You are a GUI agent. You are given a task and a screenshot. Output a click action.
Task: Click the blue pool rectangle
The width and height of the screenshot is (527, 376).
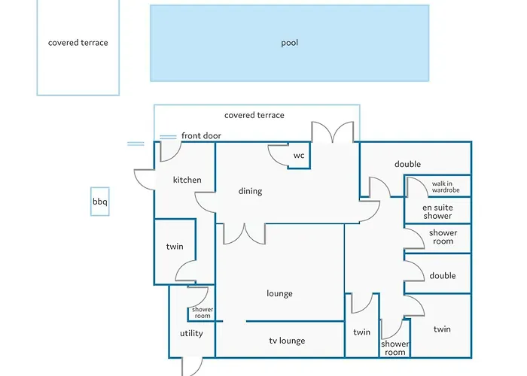pos(289,43)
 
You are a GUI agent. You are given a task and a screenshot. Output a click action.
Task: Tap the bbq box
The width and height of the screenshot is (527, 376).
pos(100,202)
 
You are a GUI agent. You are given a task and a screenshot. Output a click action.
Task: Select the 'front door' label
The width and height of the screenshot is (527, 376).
pos(201,135)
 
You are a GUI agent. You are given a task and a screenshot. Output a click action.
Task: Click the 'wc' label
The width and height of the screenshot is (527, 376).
pos(299,156)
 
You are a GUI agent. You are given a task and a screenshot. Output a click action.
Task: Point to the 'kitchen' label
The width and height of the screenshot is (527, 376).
pos(187,180)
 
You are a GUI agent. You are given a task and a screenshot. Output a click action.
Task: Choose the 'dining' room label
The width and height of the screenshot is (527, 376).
pos(250,191)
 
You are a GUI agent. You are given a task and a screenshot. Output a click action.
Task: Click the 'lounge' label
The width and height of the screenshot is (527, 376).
pos(279,293)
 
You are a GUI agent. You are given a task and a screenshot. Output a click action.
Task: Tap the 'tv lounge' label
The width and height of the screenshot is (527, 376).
pos(287,341)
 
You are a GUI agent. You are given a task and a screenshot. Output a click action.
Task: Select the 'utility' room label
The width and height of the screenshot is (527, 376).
pos(191,333)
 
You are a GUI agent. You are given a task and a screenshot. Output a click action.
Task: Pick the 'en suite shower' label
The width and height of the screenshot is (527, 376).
pos(437,211)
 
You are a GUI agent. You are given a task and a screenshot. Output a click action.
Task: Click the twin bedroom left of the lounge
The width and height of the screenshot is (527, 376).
pos(175,247)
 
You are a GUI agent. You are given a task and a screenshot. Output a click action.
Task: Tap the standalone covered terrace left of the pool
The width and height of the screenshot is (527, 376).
pos(78,43)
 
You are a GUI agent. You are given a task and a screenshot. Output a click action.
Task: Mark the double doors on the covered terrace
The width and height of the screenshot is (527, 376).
pos(333,132)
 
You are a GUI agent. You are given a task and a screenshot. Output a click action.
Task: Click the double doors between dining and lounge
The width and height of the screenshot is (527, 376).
pos(244,233)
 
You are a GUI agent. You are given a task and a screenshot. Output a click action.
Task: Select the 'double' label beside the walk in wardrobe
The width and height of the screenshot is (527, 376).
pos(407,164)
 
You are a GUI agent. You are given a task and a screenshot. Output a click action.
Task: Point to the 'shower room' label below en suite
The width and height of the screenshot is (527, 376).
pos(443,237)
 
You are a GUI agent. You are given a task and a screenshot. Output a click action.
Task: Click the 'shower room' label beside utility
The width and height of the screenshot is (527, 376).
pos(203,312)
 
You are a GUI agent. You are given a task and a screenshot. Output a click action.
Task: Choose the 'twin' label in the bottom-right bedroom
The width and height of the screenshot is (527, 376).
pos(442,329)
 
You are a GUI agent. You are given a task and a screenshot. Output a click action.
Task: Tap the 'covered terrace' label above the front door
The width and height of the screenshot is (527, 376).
pos(254,115)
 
